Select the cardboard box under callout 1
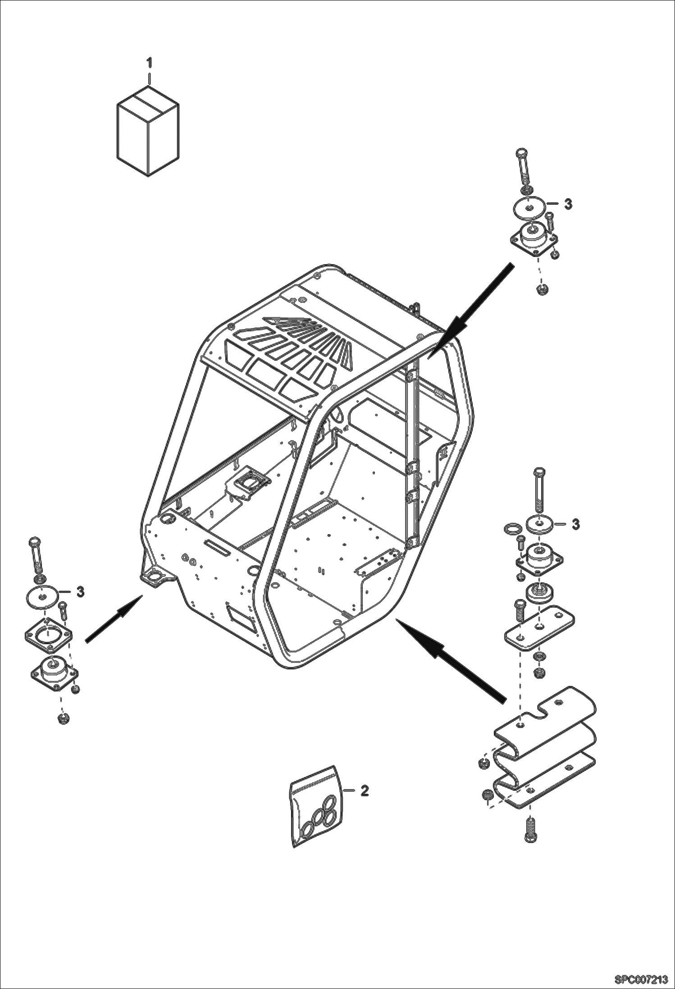coord(148,136)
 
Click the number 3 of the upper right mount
coord(569,204)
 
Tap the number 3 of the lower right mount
coord(575,524)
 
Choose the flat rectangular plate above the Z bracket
coord(539,627)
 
